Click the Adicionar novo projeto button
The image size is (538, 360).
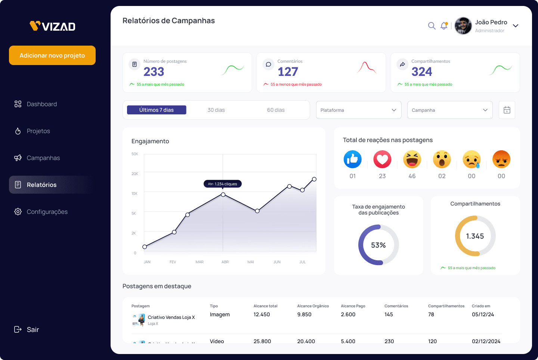[52, 55]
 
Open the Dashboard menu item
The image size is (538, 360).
[41, 104]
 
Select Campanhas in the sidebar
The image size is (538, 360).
[43, 158]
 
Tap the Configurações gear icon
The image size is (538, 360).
[18, 212]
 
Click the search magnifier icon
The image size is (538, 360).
[432, 26]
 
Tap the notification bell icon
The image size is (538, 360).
[444, 26]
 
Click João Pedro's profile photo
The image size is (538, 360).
[463, 26]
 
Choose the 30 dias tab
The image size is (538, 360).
[216, 110]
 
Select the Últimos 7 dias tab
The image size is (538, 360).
[157, 110]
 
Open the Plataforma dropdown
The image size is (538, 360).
[359, 110]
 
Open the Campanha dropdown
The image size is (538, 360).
[450, 110]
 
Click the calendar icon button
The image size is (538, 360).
[507, 110]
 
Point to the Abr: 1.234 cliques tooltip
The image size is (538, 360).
[223, 184]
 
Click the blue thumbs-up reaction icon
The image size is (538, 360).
[353, 160]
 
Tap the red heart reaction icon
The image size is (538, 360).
[382, 160]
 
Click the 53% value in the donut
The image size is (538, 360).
[378, 245]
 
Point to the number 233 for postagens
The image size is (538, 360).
[154, 72]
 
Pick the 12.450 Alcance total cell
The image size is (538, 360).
[262, 314]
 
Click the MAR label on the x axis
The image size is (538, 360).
[200, 262]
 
